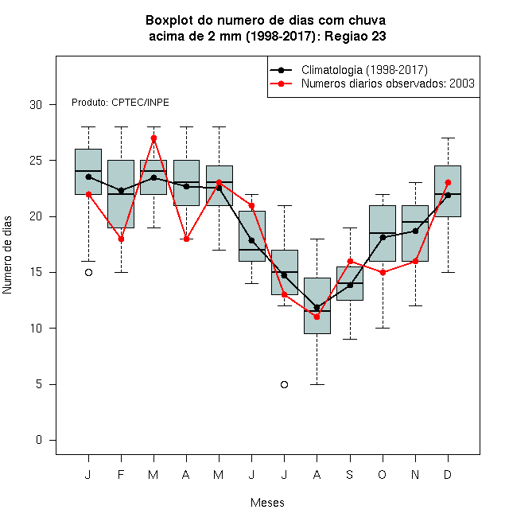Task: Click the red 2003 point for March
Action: pos(153,138)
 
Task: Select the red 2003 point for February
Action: pos(121,239)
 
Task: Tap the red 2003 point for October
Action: pos(383,273)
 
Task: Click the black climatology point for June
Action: pos(251,240)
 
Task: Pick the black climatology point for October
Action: pos(383,237)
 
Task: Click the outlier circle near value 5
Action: pos(284,384)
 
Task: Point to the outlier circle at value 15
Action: pos(88,273)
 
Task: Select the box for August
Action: pos(317,305)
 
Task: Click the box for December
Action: pos(448,191)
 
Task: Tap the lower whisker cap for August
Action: pos(317,384)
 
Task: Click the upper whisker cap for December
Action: pos(448,138)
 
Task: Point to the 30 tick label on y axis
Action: pos(36,105)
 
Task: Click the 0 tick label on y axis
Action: pos(39,440)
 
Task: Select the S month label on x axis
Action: pos(350,474)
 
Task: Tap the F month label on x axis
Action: pos(121,474)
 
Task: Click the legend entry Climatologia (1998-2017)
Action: pos(364,70)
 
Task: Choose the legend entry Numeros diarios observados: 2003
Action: pos(388,84)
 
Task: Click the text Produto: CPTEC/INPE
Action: pos(120,103)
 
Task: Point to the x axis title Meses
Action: pos(267,503)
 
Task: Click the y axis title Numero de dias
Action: pos(7,255)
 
